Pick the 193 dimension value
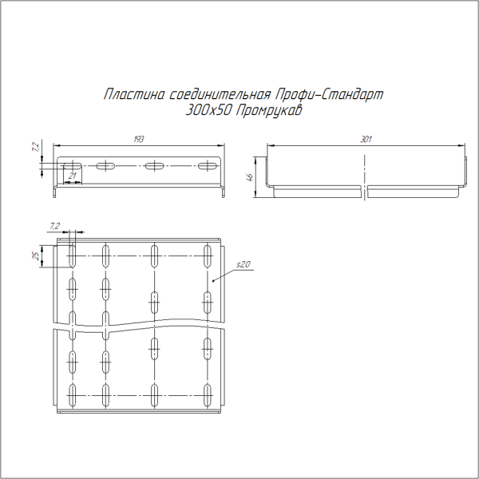[139, 140]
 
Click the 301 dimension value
[366, 140]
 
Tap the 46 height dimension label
[249, 177]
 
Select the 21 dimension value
[73, 175]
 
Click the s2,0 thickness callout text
[243, 264]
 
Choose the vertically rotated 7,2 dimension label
[35, 148]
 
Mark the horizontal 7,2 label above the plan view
[54, 227]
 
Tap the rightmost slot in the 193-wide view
[208, 166]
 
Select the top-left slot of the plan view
[72, 256]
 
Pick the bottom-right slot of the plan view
[208, 393]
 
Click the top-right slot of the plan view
[208, 256]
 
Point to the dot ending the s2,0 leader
[215, 280]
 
